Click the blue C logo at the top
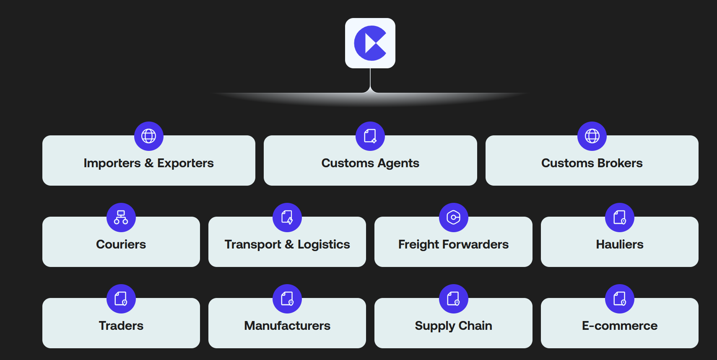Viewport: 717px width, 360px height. [370, 43]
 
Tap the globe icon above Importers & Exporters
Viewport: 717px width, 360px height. [149, 136]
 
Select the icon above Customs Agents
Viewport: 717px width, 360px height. [370, 136]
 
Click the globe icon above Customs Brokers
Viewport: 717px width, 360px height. [592, 136]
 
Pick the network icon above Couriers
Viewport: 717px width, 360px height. [121, 218]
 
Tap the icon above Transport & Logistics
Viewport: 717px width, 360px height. [287, 218]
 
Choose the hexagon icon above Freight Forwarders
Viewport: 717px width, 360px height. [454, 218]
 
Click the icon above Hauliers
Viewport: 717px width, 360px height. [620, 218]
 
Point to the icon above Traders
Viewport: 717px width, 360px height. [121, 299]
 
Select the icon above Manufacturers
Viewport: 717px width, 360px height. [287, 299]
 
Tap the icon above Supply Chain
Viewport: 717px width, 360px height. [454, 299]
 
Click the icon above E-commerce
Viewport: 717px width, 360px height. [620, 299]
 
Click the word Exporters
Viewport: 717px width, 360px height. [185, 163]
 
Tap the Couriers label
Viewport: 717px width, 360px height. [121, 244]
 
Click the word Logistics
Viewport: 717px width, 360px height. [324, 244]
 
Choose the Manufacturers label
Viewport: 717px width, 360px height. [287, 326]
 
